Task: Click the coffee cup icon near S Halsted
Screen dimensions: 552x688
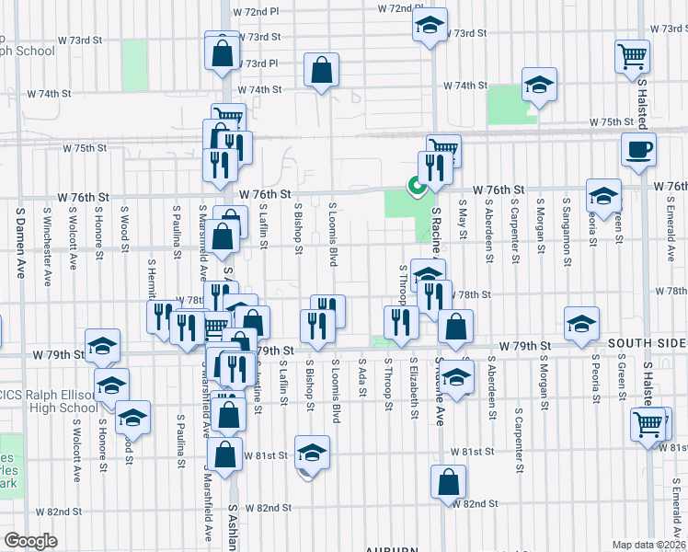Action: [x=638, y=149]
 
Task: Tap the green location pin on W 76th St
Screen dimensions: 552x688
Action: [x=417, y=187]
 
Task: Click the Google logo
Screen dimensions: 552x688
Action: [x=30, y=541]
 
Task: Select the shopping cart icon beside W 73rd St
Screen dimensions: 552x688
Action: [x=632, y=57]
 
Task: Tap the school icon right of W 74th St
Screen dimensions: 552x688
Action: [x=539, y=86]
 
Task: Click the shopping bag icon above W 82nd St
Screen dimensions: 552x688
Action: [x=448, y=481]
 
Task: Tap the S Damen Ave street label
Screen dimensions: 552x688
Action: [x=18, y=231]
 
